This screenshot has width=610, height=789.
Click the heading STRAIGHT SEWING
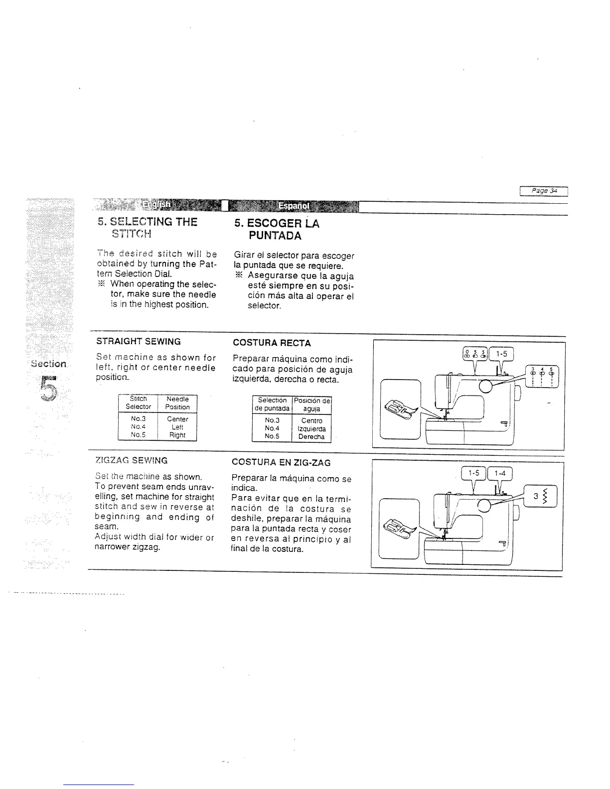pyautogui.click(x=138, y=342)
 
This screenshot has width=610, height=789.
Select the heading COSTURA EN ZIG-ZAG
pyautogui.click(x=281, y=463)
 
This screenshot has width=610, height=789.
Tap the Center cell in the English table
pyautogui.click(x=177, y=419)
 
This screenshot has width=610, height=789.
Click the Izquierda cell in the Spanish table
pyautogui.click(x=312, y=429)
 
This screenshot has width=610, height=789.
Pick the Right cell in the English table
pyautogui.click(x=177, y=435)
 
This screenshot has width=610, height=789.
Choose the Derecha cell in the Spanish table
pyautogui.click(x=311, y=437)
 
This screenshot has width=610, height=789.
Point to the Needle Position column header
pyautogui.click(x=177, y=403)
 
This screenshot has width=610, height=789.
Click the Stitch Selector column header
pyautogui.click(x=138, y=403)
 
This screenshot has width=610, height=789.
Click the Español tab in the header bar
pyautogui.click(x=294, y=206)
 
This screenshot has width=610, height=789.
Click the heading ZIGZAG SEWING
pyautogui.click(x=131, y=461)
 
